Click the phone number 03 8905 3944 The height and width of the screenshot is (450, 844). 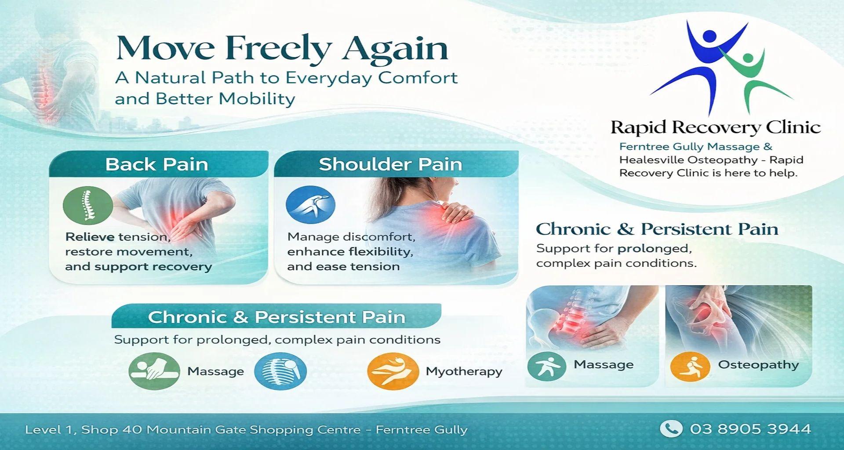750,429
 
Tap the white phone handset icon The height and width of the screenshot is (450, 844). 671,429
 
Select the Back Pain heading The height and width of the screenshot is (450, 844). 156,164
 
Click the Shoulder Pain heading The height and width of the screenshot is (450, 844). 390,164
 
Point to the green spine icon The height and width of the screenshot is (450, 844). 88,205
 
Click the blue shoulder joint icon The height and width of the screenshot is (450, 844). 310,205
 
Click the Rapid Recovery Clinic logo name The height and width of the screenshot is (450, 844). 716,127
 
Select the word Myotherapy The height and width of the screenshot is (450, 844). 464,372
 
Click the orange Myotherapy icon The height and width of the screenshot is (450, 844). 393,371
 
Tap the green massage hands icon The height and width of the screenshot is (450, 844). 154,371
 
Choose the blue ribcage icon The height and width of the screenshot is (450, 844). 280,371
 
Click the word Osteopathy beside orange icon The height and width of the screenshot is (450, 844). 758,365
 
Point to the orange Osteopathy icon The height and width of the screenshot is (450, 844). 690,366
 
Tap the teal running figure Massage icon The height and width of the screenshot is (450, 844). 547,366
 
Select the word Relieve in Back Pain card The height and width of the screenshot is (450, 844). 90,237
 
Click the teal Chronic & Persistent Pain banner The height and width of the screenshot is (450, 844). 276,316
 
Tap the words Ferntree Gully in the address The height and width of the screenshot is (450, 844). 422,430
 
